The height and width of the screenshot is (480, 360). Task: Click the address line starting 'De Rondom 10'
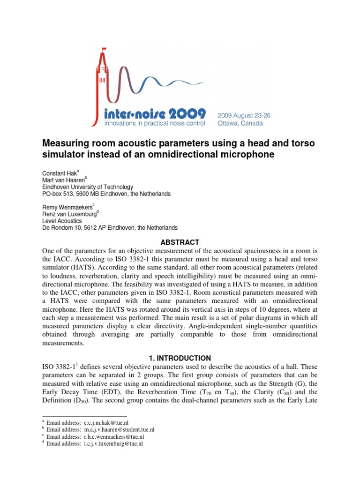(110, 228)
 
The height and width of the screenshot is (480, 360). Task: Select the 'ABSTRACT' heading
(180, 242)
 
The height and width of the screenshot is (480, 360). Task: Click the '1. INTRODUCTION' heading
(180, 358)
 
